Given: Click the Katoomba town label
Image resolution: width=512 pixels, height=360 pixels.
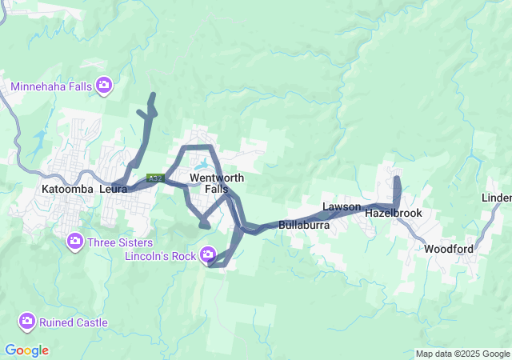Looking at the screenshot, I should click(x=67, y=190).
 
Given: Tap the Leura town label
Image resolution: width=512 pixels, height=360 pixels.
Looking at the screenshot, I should click(x=114, y=190).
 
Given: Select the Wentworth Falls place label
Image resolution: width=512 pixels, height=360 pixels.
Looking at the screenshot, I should click(x=211, y=183).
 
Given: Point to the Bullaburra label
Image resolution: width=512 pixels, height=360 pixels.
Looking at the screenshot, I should click(x=305, y=226).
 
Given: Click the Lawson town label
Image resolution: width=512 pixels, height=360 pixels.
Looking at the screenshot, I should click(x=342, y=207).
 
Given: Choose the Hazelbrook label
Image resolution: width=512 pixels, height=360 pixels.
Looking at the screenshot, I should click(x=393, y=214).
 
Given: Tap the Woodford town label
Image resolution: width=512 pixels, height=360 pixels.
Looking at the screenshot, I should click(x=449, y=249).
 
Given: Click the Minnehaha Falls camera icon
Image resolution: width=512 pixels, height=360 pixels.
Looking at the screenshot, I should click(x=104, y=85).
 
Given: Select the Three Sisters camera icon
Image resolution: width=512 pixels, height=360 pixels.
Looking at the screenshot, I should click(x=75, y=240).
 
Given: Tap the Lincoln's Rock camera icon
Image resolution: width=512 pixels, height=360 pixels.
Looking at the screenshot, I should click(x=208, y=255).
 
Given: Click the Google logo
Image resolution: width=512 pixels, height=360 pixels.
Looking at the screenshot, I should click(x=26, y=350).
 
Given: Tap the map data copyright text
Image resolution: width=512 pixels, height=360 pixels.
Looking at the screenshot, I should click(x=462, y=354).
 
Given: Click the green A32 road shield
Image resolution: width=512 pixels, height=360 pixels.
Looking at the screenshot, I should click(x=155, y=178).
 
